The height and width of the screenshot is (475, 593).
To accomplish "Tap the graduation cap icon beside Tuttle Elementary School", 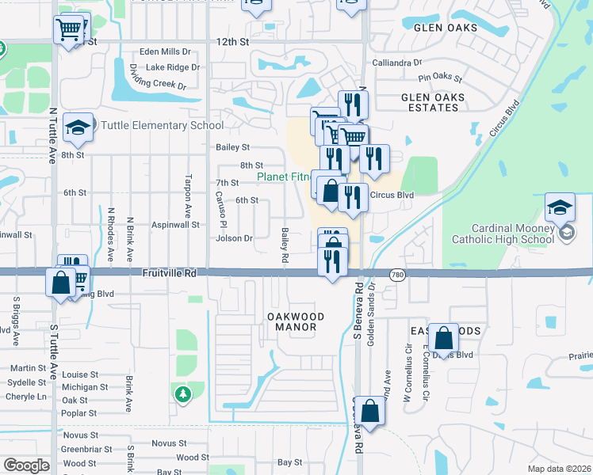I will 78,129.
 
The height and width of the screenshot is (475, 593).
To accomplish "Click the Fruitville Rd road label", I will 169,272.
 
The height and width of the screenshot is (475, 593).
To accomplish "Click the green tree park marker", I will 182,393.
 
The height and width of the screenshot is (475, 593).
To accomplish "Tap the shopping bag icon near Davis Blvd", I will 445,338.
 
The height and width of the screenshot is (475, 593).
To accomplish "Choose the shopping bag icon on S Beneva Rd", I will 369,411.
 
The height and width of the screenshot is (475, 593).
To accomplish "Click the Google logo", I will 26,465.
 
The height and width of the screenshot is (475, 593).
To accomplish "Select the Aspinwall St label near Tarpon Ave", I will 175,225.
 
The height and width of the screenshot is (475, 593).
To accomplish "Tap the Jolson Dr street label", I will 234,238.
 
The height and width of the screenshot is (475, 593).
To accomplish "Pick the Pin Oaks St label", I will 440,77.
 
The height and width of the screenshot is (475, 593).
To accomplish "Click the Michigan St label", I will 84,387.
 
